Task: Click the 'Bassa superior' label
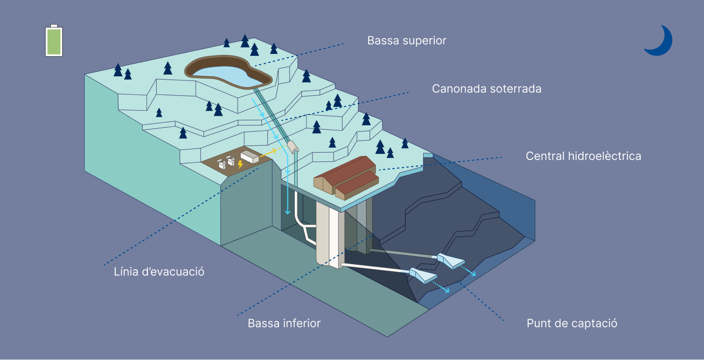[x=406, y=40]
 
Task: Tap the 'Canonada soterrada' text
[x=486, y=88]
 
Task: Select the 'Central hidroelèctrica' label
[x=583, y=156]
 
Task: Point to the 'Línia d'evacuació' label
[x=159, y=272]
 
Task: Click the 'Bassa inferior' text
[x=284, y=323]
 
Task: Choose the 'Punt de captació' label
[x=571, y=323]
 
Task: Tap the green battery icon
[x=53, y=41]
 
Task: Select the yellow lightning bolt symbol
[x=240, y=164]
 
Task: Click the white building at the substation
[x=250, y=157]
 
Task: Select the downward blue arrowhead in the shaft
[x=288, y=212]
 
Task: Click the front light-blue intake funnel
[x=422, y=275]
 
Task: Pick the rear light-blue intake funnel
[x=450, y=260]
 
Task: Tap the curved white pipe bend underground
[x=303, y=229]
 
